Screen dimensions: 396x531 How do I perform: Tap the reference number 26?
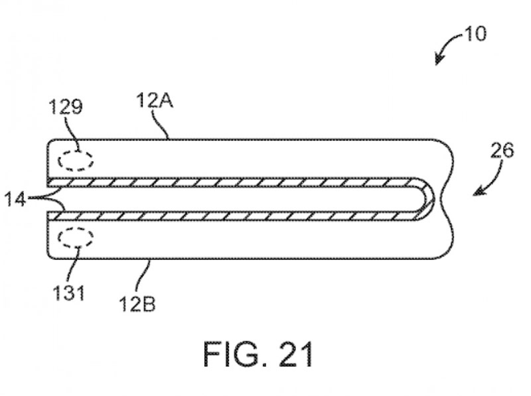click(x=502, y=151)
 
